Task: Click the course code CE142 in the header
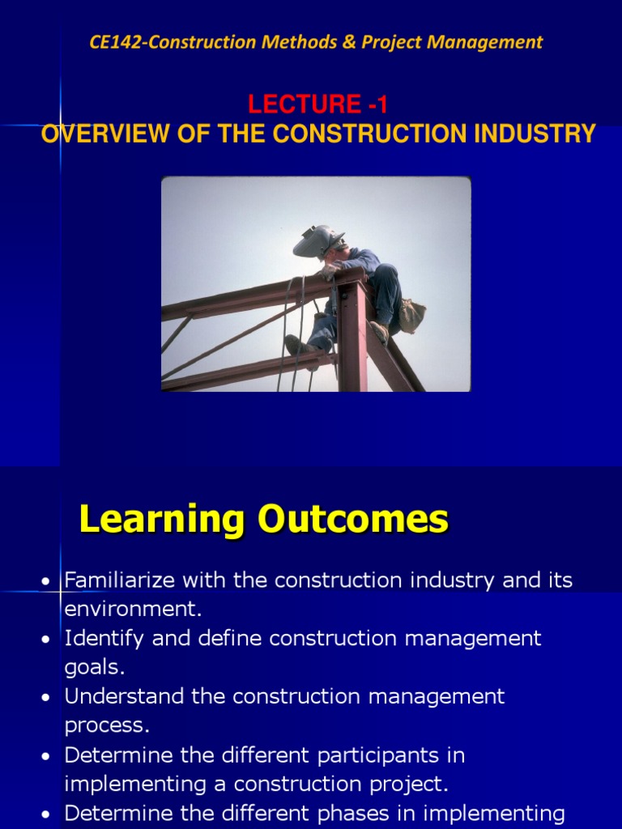[x=114, y=43]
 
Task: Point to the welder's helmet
[x=317, y=241]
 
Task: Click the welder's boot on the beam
[x=296, y=346]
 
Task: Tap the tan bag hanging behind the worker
[x=411, y=315]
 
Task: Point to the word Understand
[x=121, y=696]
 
